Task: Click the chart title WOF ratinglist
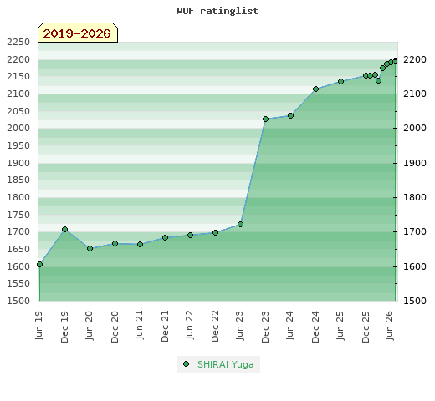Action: tap(217, 11)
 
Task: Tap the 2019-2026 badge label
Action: tap(77, 33)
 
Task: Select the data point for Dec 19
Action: tap(64, 229)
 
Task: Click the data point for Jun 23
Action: tap(240, 224)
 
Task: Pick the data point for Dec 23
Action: tap(265, 119)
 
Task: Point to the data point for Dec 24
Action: tap(315, 89)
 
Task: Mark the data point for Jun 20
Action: tap(90, 248)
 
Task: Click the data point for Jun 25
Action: tap(340, 81)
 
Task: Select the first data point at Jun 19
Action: tap(39, 264)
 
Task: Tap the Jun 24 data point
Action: tap(290, 115)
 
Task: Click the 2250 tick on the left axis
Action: tap(18, 42)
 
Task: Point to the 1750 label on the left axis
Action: tap(18, 215)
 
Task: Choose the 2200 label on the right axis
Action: tap(415, 59)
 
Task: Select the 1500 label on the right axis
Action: tap(415, 301)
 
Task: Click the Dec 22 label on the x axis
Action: tap(215, 327)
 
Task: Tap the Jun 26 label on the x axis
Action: tap(390, 325)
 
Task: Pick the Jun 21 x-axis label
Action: tap(140, 325)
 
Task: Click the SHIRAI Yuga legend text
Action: tap(226, 364)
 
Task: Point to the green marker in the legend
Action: tap(187, 363)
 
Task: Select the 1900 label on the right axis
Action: tap(415, 163)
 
